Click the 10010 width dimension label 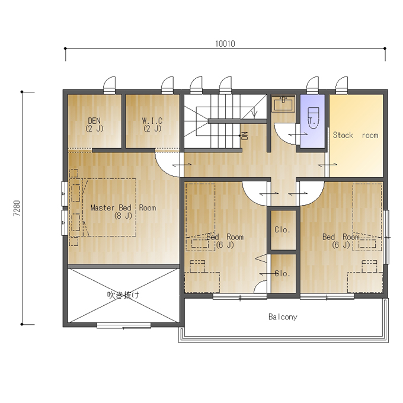[x=225, y=44]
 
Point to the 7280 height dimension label [x=17, y=208]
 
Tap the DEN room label [x=94, y=120]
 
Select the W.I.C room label [x=152, y=120]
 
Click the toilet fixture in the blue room [x=314, y=118]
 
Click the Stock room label [x=356, y=135]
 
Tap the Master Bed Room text [x=123, y=207]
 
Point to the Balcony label [x=283, y=316]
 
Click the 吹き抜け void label [x=124, y=295]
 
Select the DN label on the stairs [x=245, y=136]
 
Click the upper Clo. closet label [x=283, y=229]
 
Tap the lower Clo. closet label [x=283, y=273]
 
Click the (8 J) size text [x=123, y=216]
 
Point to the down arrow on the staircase [x=254, y=113]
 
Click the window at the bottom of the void [x=124, y=325]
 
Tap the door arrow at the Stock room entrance [x=327, y=165]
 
